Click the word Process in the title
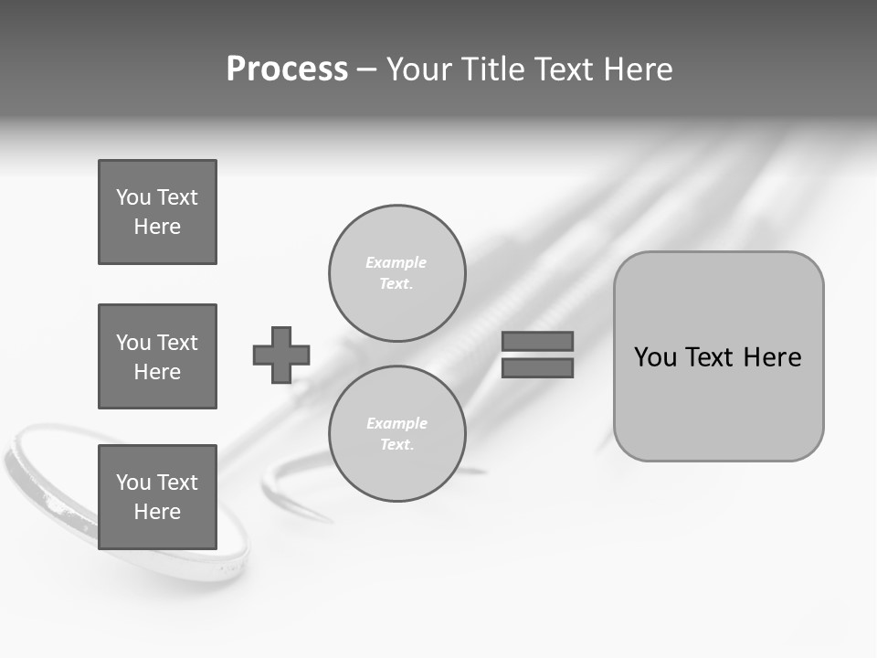point(287,69)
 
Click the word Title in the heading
point(493,69)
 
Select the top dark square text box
point(157,212)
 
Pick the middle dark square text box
point(157,356)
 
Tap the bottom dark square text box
point(157,497)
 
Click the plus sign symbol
point(281,355)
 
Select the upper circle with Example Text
point(396,272)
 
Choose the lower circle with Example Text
point(396,433)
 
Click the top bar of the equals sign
point(537,341)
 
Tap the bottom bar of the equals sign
point(537,367)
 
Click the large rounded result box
point(718,402)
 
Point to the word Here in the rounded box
point(772,357)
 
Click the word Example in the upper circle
point(396,262)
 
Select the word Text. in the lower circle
point(396,444)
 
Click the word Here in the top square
point(157,227)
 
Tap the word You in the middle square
point(132,343)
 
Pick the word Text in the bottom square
point(176,483)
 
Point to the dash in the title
point(366,69)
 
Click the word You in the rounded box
point(655,357)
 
